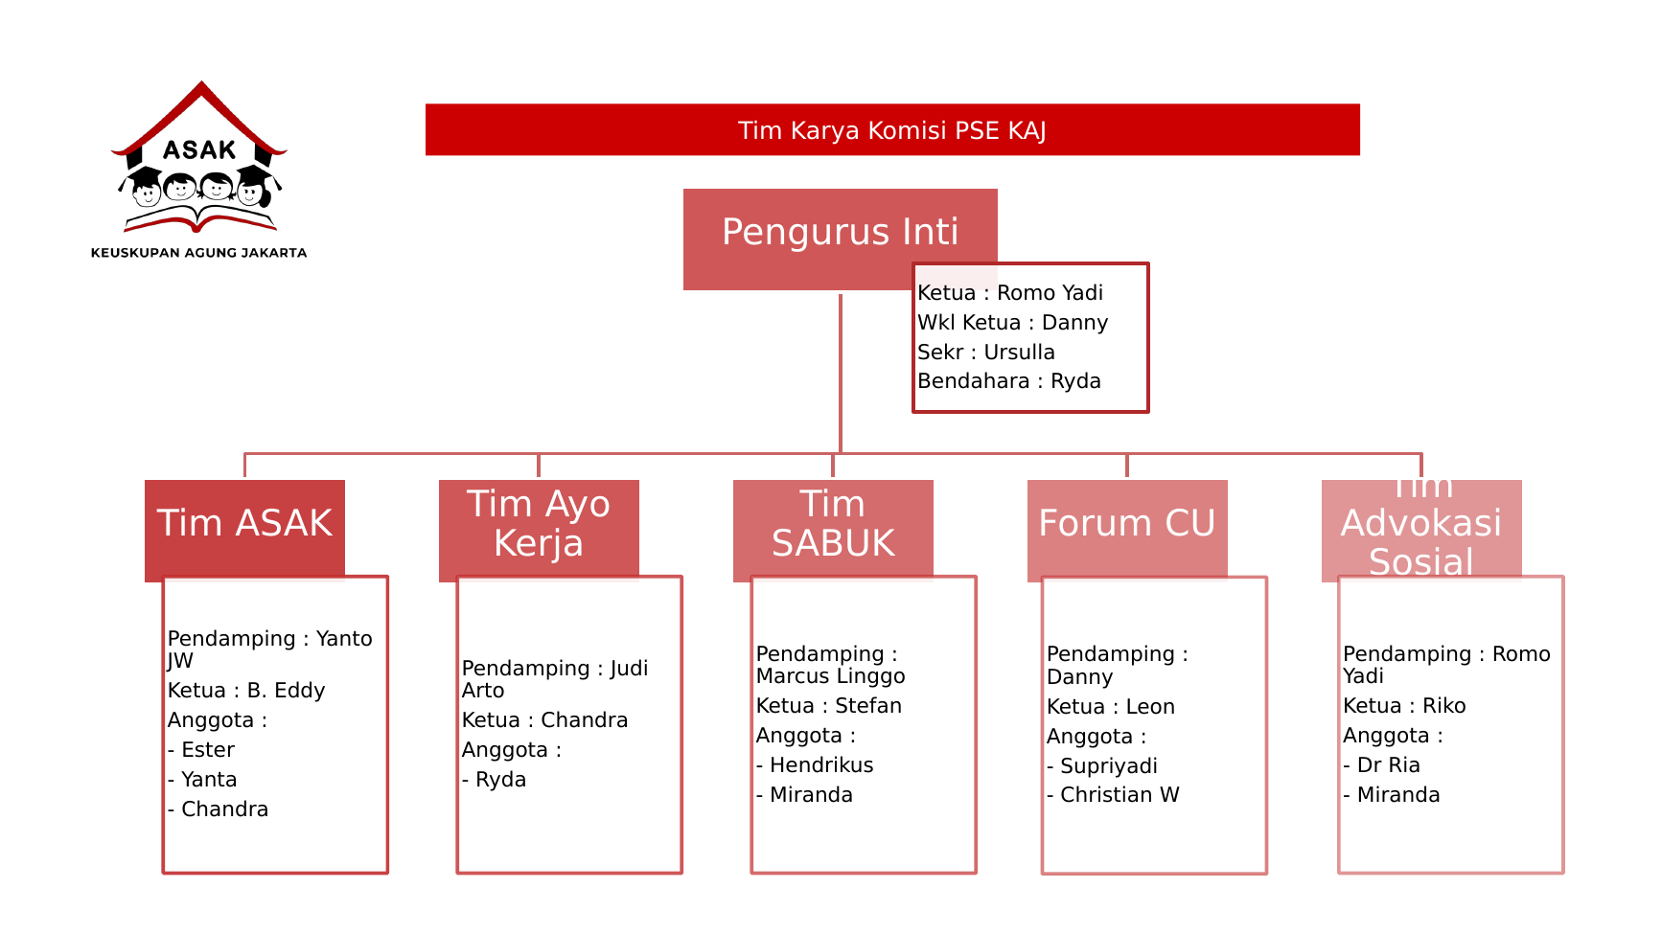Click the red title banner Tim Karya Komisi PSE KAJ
tap(891, 130)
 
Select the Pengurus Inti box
tap(840, 232)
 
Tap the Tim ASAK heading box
tap(244, 524)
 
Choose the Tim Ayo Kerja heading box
tap(539, 524)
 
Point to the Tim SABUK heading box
tap(833, 524)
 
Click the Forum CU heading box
tap(1126, 524)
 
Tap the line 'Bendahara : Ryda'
tap(1008, 381)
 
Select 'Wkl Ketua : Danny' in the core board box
tap(1012, 323)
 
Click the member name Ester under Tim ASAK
tap(207, 750)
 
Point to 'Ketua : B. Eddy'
tap(246, 691)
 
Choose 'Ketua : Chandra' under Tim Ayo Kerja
tap(544, 720)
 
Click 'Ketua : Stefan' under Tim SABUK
tap(828, 706)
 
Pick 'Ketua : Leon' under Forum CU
tap(1110, 707)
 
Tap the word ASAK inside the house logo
tap(199, 150)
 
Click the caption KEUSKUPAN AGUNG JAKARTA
tap(198, 253)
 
